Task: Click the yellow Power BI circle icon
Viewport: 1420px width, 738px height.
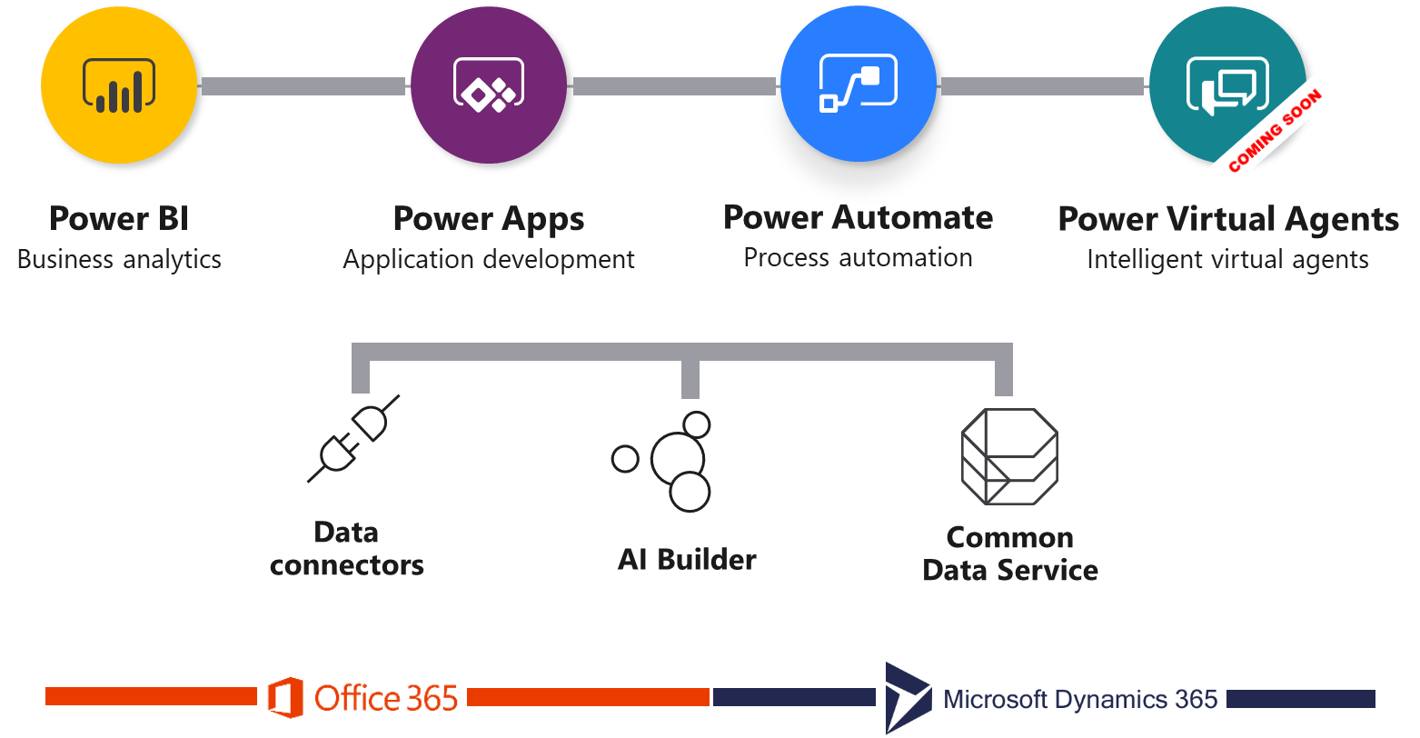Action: coord(119,85)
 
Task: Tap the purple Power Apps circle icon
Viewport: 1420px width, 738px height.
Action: coord(489,85)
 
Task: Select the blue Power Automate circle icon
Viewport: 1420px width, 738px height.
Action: coord(859,85)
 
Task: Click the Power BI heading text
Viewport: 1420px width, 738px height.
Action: coord(119,219)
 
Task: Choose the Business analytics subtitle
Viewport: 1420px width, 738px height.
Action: coord(119,259)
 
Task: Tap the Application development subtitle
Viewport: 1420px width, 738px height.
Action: coord(489,259)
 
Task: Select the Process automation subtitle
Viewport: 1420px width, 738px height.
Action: coord(859,258)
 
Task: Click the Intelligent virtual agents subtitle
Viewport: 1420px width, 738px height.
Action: coord(1227,260)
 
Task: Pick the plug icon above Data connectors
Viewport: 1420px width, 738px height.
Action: coord(354,437)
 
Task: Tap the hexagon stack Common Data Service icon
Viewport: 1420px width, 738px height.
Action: coord(1008,456)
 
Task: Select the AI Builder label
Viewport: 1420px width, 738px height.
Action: coord(687,559)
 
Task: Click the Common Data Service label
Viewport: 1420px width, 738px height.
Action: coord(1010,553)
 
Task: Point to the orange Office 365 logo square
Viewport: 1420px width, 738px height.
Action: coord(285,698)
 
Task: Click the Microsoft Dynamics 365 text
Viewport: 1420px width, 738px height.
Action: coord(1080,699)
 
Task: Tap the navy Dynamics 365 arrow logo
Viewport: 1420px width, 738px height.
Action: coord(908,697)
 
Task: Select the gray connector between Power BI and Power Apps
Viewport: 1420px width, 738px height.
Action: coord(303,86)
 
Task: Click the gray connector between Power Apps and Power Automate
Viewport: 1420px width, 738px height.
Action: coord(674,86)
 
